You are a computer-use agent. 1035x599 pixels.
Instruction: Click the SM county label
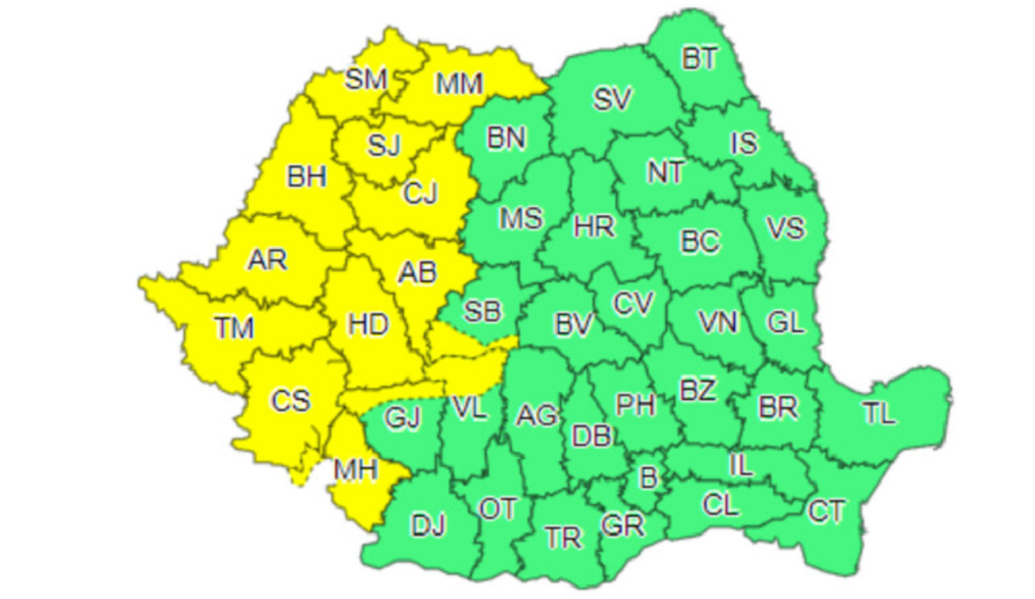pos(366,80)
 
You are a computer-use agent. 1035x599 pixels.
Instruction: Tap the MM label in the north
pos(459,84)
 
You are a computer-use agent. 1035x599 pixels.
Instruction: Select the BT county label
pos(699,59)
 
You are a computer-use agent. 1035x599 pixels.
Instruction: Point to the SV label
pos(613,99)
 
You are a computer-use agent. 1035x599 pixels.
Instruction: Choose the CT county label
pos(826,511)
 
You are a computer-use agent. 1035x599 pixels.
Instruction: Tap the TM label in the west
pos(235,328)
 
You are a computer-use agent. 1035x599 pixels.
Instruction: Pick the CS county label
pos(291,401)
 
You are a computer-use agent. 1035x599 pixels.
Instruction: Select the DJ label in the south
pos(429,524)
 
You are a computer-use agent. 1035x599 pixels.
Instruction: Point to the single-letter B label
pos(647,476)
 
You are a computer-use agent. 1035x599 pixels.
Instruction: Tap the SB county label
pos(482,311)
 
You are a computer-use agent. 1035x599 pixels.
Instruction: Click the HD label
pos(368,325)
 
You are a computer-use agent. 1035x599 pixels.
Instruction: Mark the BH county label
pos(307,179)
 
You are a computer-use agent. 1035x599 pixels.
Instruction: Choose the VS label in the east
pos(785,229)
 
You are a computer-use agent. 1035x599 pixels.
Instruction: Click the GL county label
pos(785,323)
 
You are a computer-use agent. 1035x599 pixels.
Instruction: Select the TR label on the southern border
pos(563,538)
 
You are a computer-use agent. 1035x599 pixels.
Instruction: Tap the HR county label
pos(594,228)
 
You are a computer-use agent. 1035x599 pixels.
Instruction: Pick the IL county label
pos(741,466)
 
